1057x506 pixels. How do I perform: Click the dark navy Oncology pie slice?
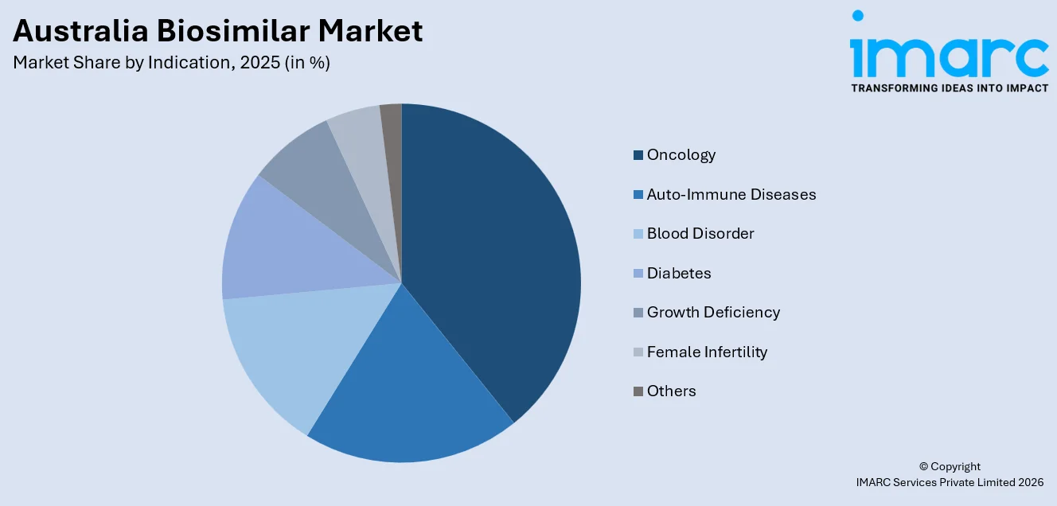pyautogui.click(x=493, y=255)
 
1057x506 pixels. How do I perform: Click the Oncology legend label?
pyautogui.click(x=681, y=155)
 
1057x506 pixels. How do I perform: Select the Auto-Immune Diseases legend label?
pyautogui.click(x=731, y=194)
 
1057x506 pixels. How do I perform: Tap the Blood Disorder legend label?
pyautogui.click(x=700, y=234)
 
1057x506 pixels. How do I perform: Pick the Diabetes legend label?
pyautogui.click(x=678, y=273)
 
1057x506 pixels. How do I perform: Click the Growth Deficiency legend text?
pyautogui.click(x=712, y=313)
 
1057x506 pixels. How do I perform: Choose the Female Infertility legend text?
pyautogui.click(x=707, y=352)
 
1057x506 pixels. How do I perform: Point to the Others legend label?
pyautogui.click(x=671, y=391)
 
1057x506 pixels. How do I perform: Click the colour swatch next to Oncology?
pyautogui.click(x=638, y=155)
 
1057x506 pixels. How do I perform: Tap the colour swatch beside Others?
pyautogui.click(x=638, y=391)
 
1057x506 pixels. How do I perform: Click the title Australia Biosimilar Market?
pyautogui.click(x=218, y=30)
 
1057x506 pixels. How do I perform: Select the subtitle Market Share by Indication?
pyautogui.click(x=171, y=63)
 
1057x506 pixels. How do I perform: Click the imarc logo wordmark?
pyautogui.click(x=949, y=54)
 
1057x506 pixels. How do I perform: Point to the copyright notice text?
pyautogui.click(x=949, y=474)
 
